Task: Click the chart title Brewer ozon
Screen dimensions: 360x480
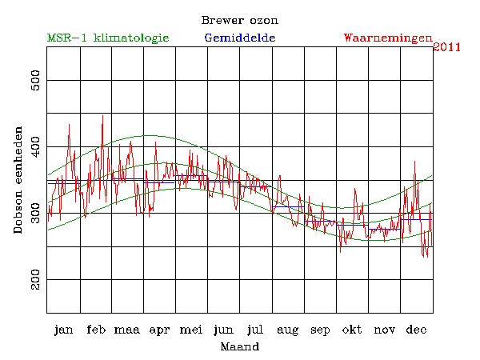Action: tap(240, 20)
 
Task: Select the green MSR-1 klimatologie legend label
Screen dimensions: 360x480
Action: tap(108, 38)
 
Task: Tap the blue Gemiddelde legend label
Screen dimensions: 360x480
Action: tap(240, 38)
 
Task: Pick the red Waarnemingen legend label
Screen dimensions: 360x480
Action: tap(387, 38)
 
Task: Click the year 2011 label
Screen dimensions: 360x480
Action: tap(446, 47)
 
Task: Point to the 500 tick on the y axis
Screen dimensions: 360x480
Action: tap(34, 81)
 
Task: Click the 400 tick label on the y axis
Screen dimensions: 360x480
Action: tap(34, 147)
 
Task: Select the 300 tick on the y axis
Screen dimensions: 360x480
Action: tap(34, 214)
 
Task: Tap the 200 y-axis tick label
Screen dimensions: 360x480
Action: tap(34, 280)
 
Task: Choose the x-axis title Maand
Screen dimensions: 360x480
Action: tap(239, 347)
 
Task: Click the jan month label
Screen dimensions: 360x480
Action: tap(64, 330)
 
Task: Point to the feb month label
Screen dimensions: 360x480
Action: tap(96, 330)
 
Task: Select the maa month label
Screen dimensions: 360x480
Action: tap(128, 330)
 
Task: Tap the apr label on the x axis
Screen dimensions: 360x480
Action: tap(160, 330)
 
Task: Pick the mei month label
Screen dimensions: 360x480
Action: tap(192, 330)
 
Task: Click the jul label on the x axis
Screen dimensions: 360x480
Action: tap(256, 330)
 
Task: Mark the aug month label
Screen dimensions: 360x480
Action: tap(288, 330)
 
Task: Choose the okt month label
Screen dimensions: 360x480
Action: tap(352, 330)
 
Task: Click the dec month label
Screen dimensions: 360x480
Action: tap(416, 330)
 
